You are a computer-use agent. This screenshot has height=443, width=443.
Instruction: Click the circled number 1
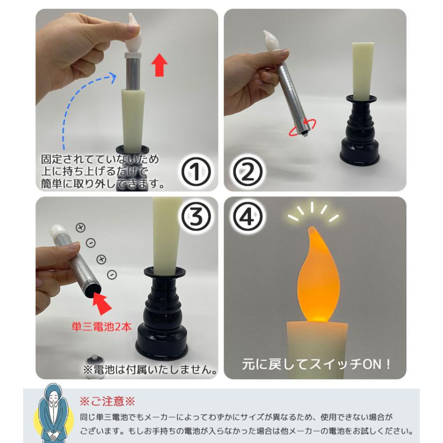[196, 171]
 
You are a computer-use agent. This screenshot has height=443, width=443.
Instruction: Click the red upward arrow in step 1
[158, 65]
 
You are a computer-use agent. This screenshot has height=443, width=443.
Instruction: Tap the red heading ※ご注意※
[107, 401]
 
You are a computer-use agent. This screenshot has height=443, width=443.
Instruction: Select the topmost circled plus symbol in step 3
[80, 227]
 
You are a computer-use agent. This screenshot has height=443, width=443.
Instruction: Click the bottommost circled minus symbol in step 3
[112, 274]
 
